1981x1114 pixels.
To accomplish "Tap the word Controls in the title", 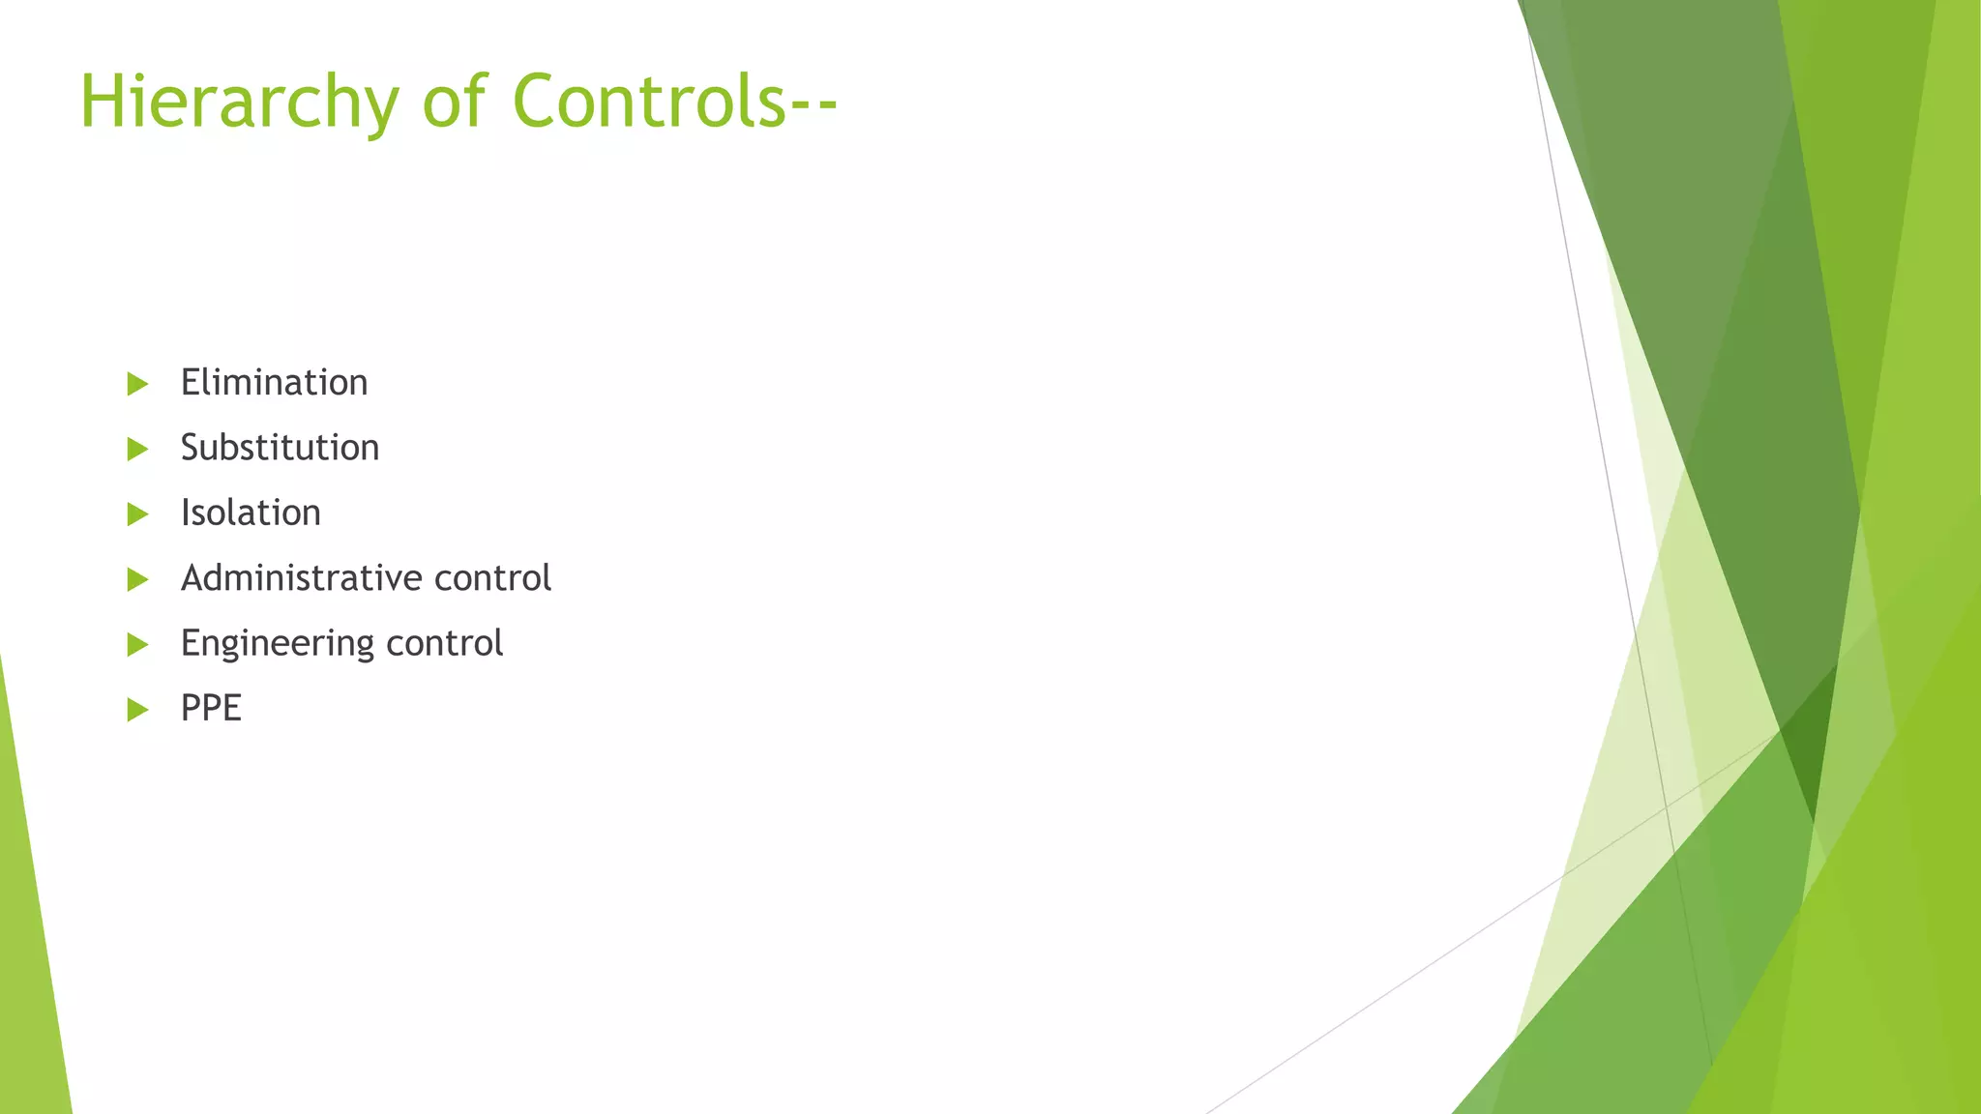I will [648, 101].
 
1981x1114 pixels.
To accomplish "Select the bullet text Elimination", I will [274, 383].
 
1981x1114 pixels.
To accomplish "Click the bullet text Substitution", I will [280, 448].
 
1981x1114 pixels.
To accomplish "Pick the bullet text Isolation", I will [251, 513].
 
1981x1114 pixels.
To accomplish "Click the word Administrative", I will [302, 578].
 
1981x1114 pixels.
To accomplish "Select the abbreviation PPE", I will [211, 708].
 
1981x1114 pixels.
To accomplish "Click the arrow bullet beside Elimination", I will [137, 384].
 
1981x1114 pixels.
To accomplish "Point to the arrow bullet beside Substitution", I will [137, 449].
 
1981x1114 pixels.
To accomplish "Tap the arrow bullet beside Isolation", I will [137, 513].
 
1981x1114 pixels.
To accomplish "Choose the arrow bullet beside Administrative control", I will [137, 579].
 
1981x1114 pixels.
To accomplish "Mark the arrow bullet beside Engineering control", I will [137, 644].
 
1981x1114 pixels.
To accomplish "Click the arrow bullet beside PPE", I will [137, 710].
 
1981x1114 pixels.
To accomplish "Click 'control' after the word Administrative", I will [492, 578].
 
